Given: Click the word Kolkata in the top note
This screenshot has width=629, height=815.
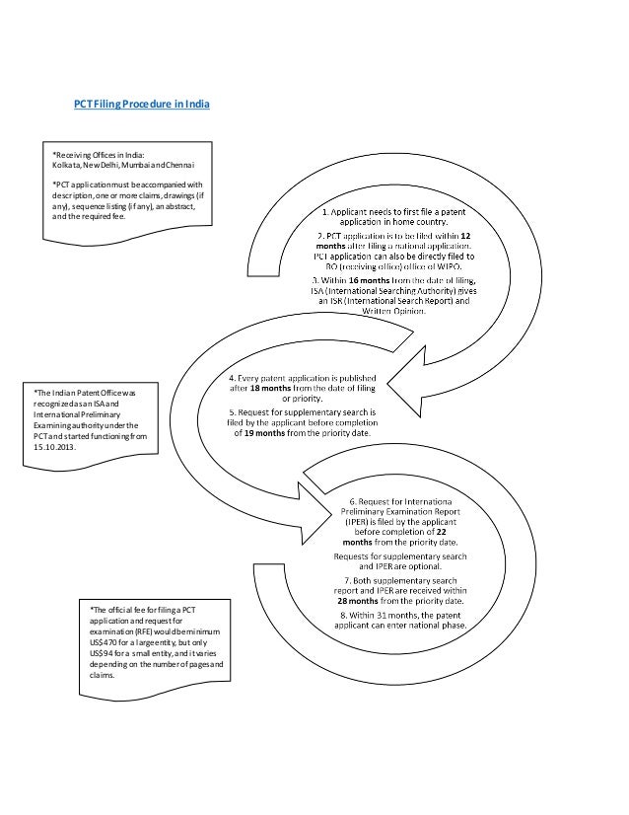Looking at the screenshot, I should point(65,165).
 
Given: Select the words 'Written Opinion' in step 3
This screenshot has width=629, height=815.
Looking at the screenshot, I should point(393,310).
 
